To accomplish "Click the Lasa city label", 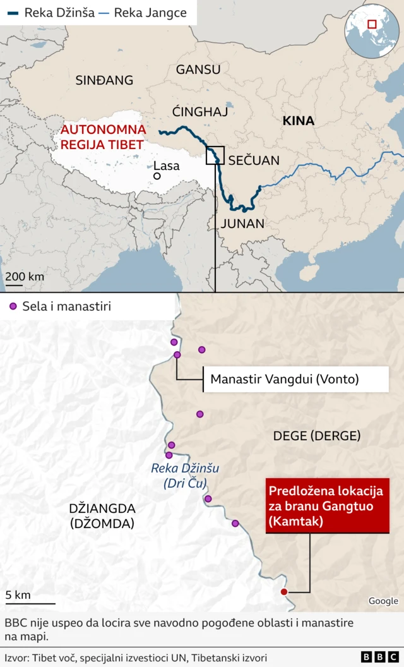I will (x=167, y=166).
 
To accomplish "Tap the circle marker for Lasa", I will (x=156, y=176).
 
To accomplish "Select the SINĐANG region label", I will (x=104, y=80).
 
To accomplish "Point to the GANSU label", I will (x=198, y=69).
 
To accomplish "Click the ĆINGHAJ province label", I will (x=199, y=112).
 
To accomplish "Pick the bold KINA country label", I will (x=298, y=121).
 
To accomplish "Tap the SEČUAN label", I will (x=253, y=160).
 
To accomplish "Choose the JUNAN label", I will (x=242, y=224).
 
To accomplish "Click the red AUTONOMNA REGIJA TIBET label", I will (x=103, y=137).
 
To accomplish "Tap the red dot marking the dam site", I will (x=283, y=592).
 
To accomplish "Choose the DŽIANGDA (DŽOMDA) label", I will (x=102, y=515).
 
